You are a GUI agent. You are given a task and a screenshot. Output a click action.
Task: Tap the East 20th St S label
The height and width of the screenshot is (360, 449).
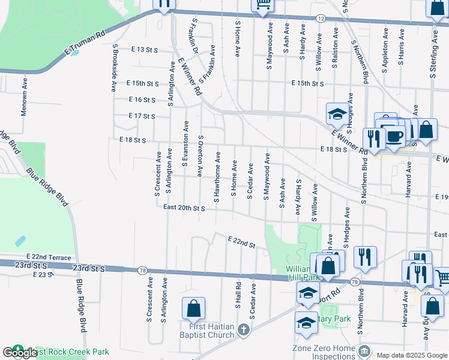184,208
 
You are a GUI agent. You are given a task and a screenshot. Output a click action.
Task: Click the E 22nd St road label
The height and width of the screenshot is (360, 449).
241,242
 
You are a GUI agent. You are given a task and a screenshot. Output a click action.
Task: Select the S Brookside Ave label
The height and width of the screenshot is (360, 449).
113,67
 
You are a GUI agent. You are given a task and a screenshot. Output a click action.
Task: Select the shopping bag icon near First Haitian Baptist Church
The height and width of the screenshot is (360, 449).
194,310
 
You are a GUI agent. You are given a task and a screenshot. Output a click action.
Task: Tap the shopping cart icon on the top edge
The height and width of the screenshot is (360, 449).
262,5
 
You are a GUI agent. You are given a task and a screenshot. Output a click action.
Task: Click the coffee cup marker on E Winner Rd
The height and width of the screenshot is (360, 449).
394,136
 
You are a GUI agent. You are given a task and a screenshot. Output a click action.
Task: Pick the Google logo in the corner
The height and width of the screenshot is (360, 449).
20,353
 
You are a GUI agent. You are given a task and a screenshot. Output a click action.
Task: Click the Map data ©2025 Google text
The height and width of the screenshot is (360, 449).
411,355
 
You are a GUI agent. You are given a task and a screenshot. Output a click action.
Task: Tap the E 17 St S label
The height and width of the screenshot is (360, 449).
142,116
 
